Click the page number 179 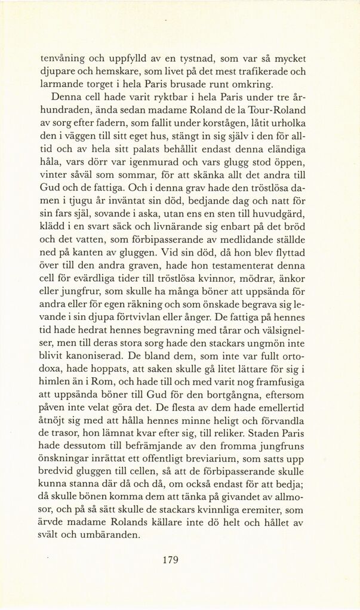coord(170,559)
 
